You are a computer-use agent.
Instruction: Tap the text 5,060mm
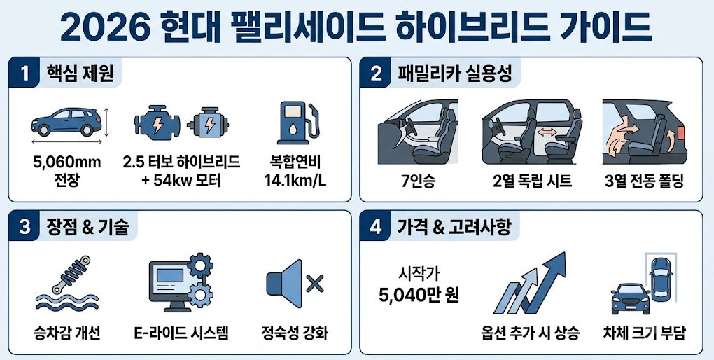67,162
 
